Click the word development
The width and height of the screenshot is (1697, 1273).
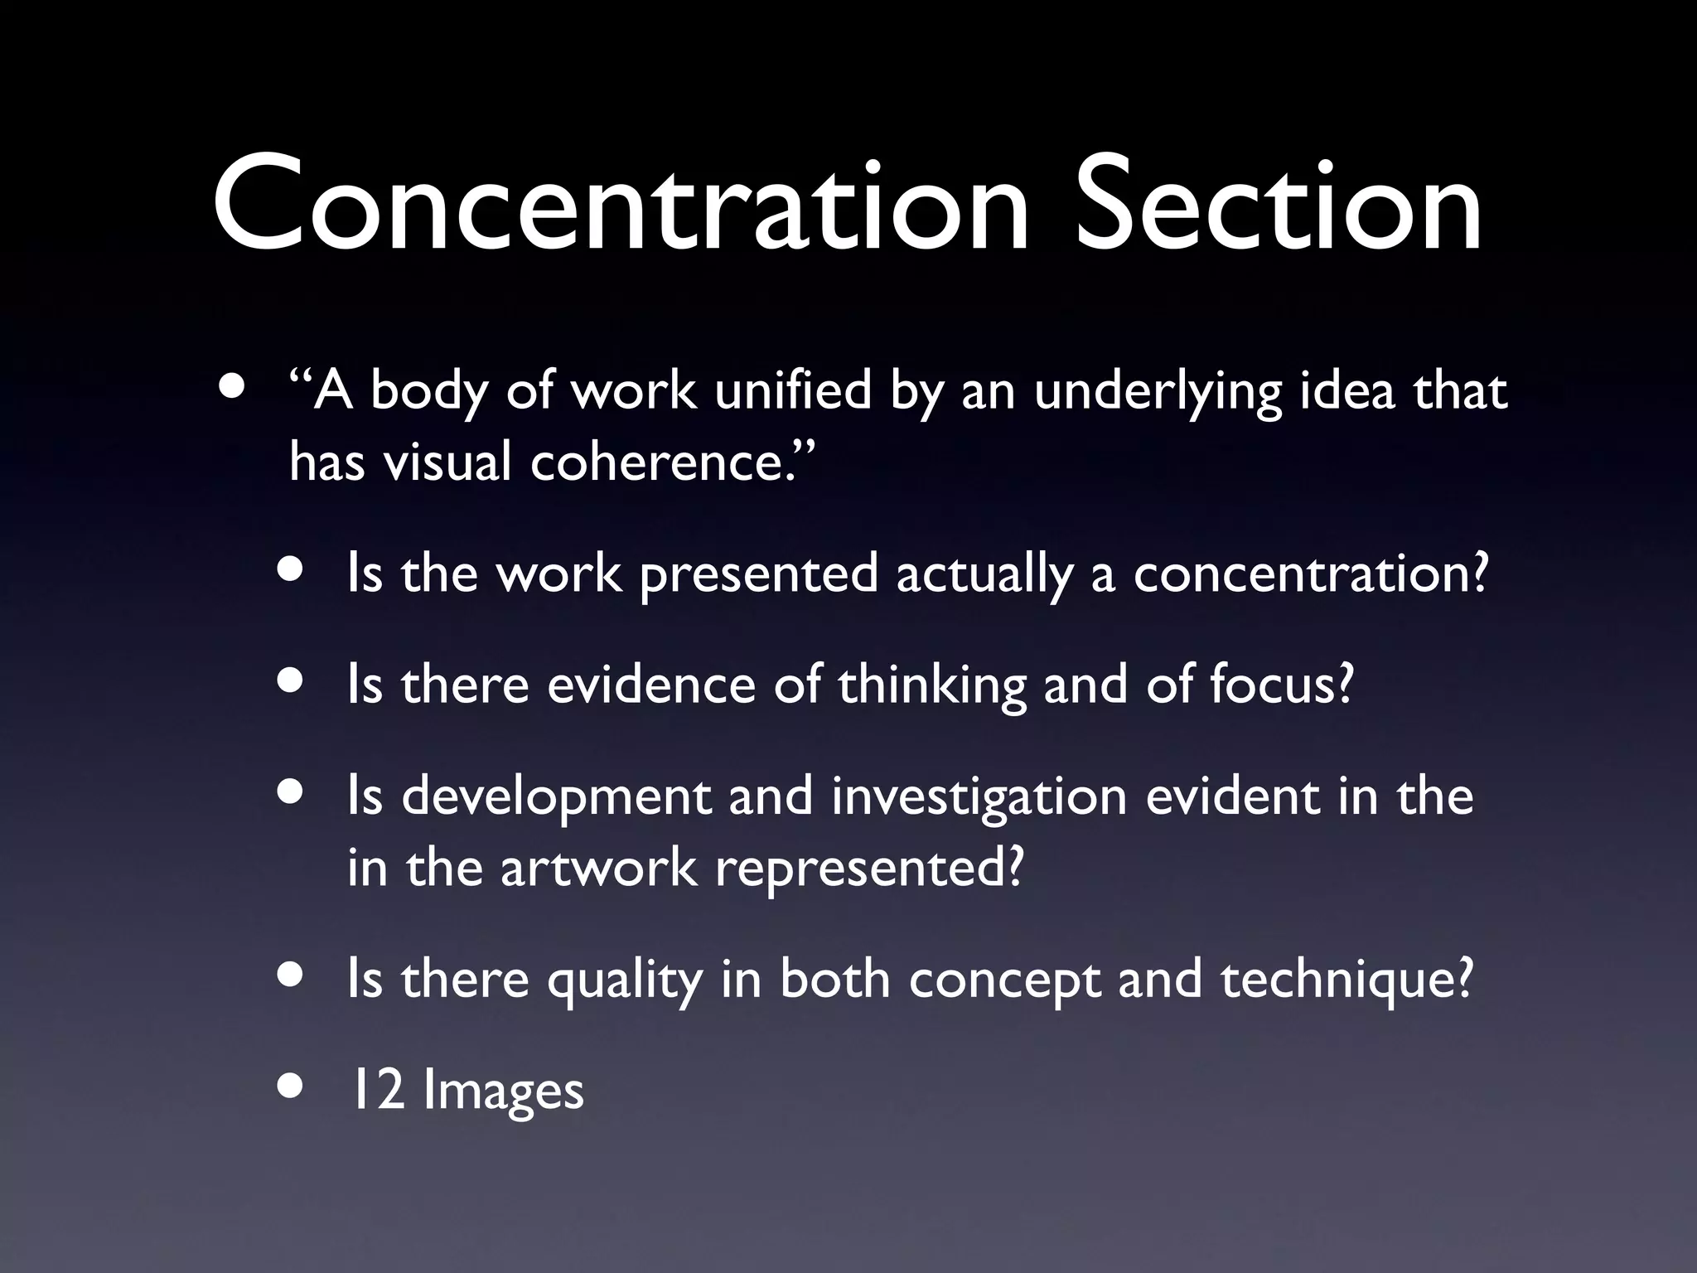click(x=556, y=798)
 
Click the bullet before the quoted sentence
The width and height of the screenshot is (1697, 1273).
click(x=233, y=389)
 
